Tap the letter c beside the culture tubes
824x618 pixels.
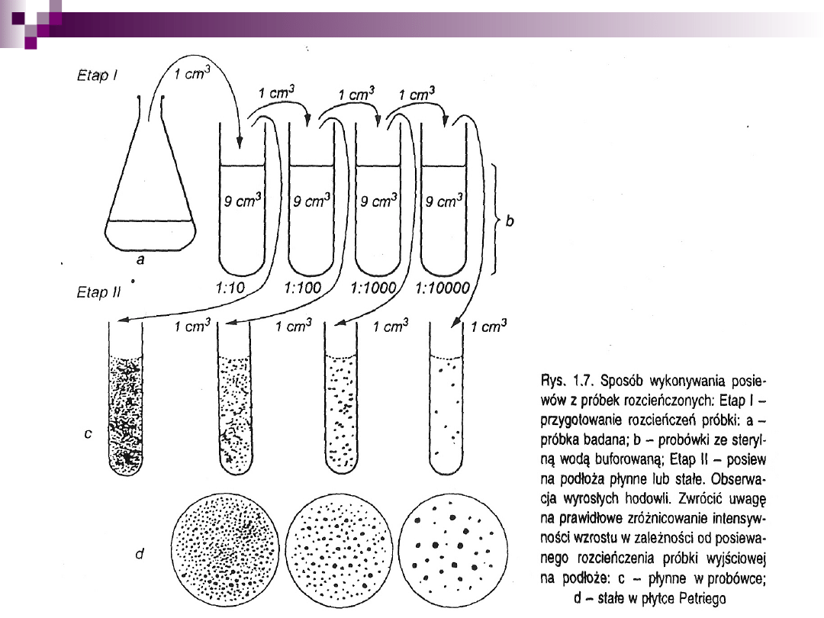89,433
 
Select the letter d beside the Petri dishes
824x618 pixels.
140,555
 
